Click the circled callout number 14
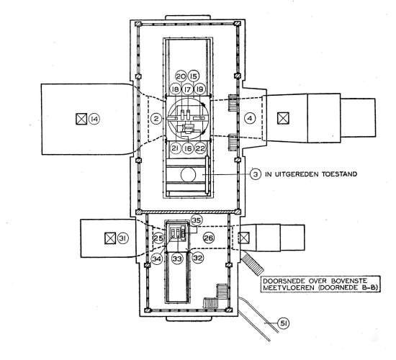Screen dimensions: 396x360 click(x=94, y=119)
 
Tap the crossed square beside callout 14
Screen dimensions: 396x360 click(x=81, y=119)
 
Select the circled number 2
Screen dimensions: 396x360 click(x=156, y=118)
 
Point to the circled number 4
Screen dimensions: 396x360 click(x=250, y=118)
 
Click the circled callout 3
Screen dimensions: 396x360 click(x=256, y=174)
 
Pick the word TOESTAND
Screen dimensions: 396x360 click(x=339, y=174)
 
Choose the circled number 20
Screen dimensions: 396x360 click(x=181, y=76)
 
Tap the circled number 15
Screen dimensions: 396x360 click(x=194, y=76)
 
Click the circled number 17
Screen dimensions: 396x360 click(x=187, y=89)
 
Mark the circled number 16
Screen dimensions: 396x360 click(x=188, y=148)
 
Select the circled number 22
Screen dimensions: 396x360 click(x=200, y=148)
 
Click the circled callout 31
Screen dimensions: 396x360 click(x=123, y=238)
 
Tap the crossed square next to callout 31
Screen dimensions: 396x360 click(x=110, y=238)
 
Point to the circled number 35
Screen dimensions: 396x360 click(x=197, y=220)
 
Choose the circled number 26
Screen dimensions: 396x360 click(x=209, y=238)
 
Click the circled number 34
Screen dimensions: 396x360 click(x=156, y=258)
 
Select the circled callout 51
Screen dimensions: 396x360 click(x=283, y=323)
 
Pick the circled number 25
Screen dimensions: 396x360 click(x=159, y=238)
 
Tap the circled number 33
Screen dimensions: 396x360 click(x=177, y=258)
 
